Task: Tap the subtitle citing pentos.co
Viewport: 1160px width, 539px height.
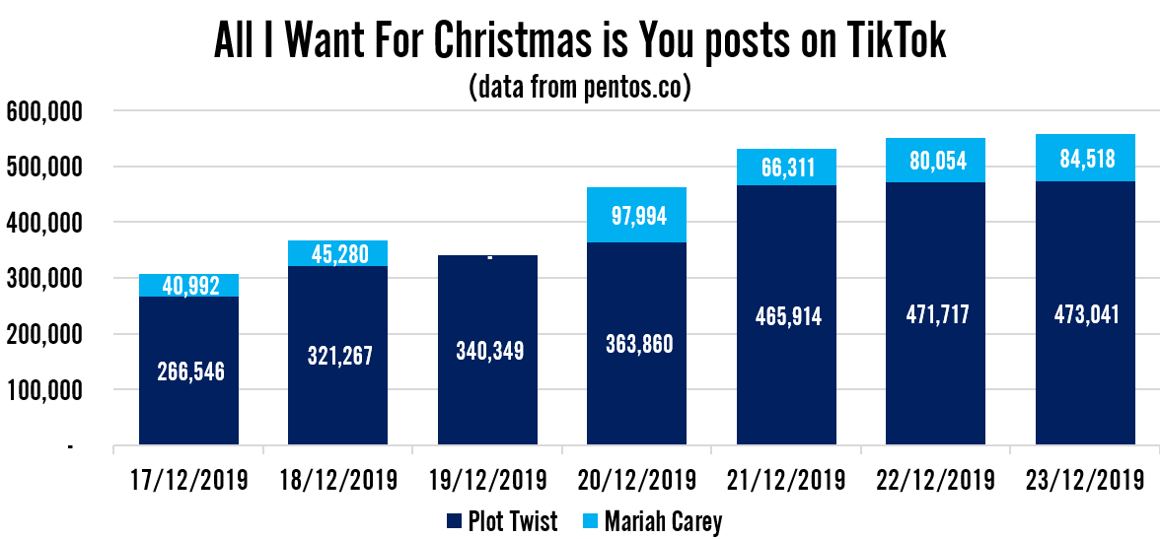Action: pos(580,88)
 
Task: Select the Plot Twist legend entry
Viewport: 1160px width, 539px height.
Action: pos(502,520)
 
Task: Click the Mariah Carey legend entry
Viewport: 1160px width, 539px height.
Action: pos(652,520)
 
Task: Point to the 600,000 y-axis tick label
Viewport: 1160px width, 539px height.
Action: pos(44,112)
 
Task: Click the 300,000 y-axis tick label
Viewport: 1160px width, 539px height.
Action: pos(44,280)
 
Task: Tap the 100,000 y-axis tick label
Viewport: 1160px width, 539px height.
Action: pos(44,391)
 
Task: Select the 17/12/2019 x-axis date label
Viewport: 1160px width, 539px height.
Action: pos(188,480)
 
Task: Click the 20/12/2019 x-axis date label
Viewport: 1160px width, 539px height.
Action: pos(636,480)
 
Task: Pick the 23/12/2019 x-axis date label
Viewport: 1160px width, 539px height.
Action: pos(1084,480)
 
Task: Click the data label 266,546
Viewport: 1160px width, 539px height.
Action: pos(188,371)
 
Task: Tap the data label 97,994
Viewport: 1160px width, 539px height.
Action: pos(636,215)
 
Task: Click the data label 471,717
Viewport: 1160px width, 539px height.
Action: pos(935,314)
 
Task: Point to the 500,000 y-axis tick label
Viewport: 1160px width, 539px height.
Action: pos(44,168)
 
